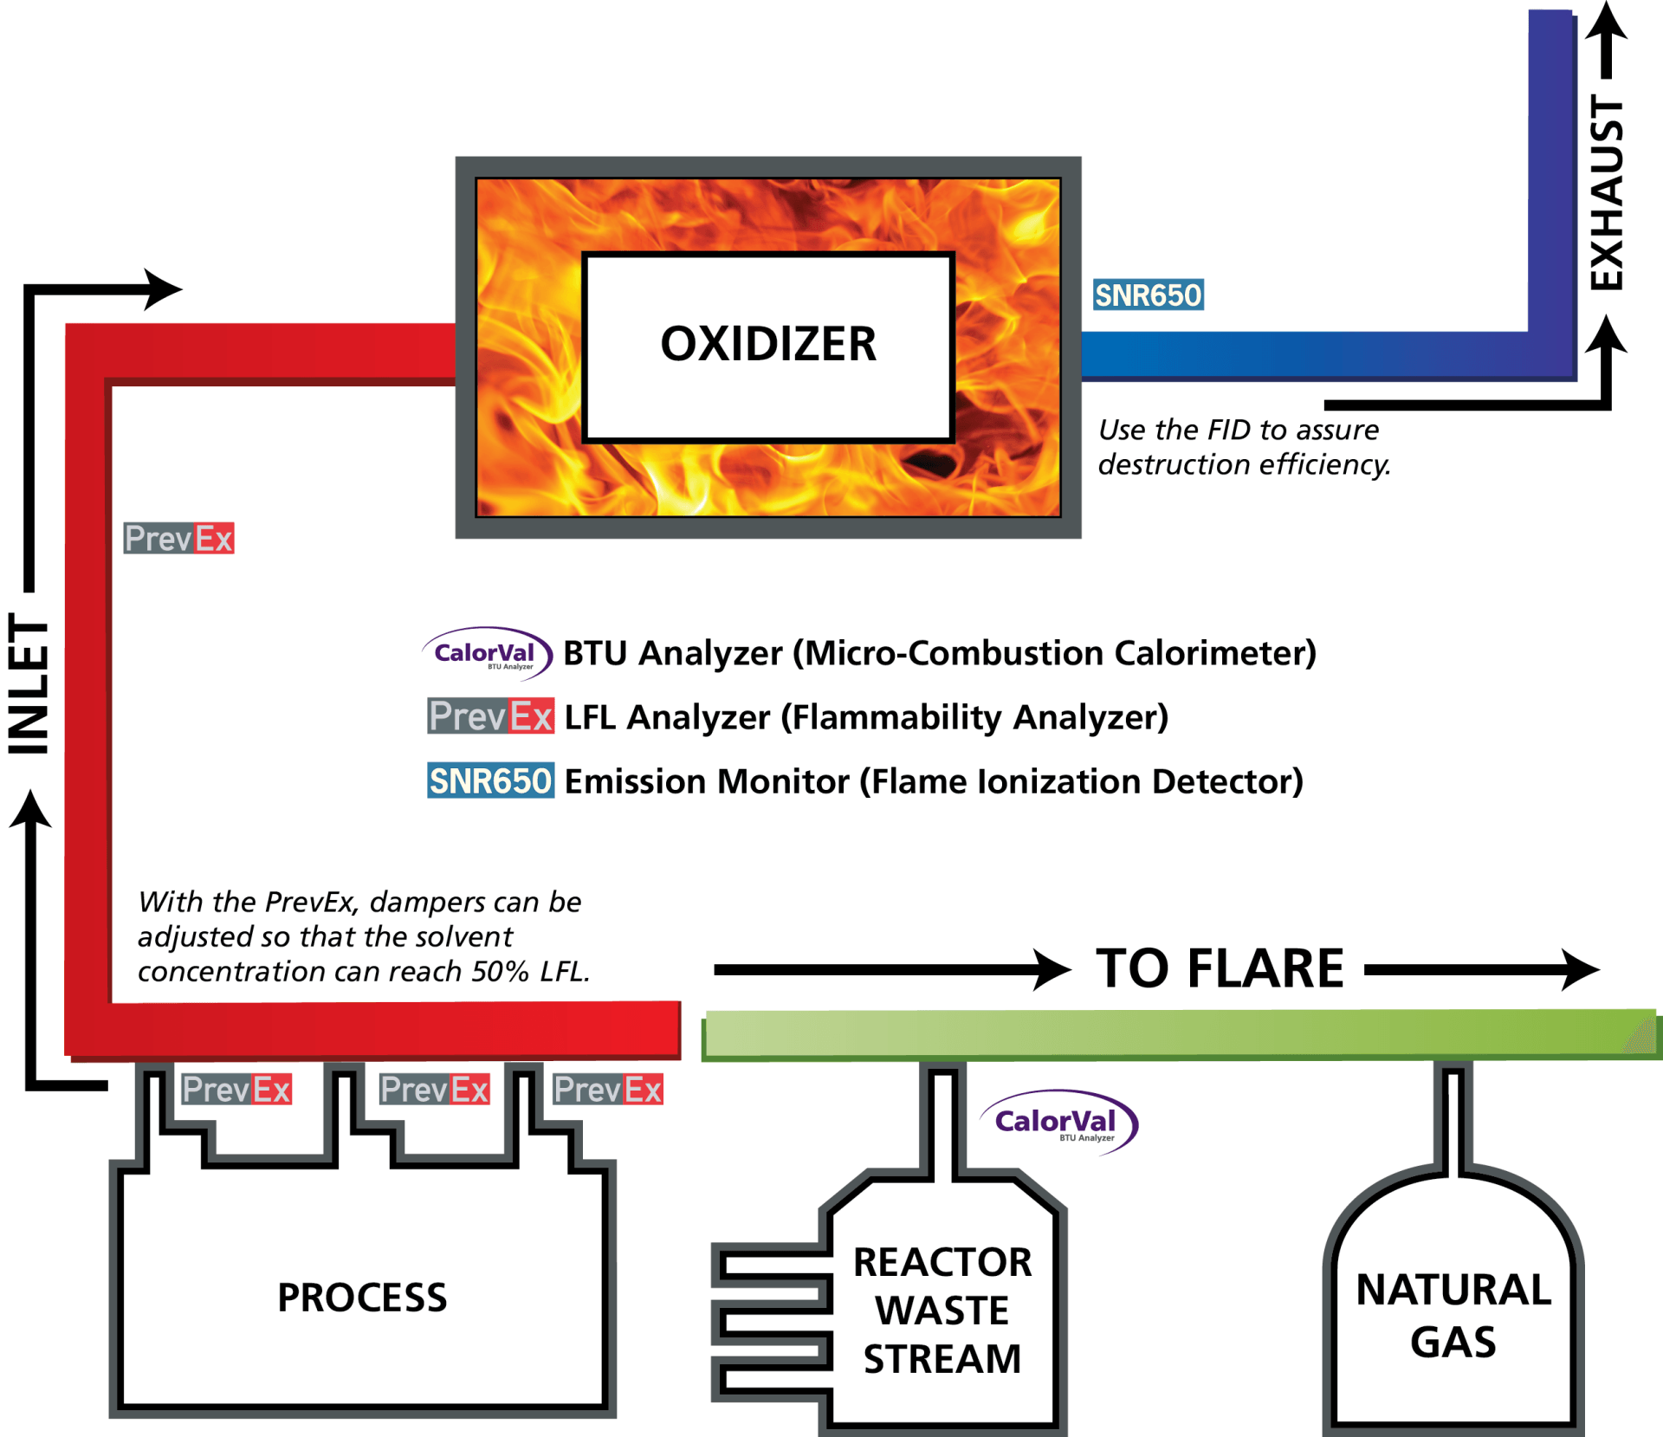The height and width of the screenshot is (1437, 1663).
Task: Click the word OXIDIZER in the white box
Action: pyautogui.click(x=768, y=344)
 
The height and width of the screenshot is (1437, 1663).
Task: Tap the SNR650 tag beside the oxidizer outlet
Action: pyautogui.click(x=1148, y=295)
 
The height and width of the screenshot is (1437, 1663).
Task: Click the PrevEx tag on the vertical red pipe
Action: pyautogui.click(x=178, y=539)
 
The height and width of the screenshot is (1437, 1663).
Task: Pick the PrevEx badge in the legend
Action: pyautogui.click(x=490, y=716)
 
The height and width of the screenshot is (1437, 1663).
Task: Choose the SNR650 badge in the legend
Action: pyautogui.click(x=490, y=780)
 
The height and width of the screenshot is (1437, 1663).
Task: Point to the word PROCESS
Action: pyautogui.click(x=362, y=1297)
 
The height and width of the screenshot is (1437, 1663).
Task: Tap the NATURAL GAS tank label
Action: pyautogui.click(x=1453, y=1315)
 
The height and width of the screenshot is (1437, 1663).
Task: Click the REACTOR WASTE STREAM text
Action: pyautogui.click(x=942, y=1310)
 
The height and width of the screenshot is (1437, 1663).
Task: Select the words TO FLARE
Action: pyautogui.click(x=1220, y=968)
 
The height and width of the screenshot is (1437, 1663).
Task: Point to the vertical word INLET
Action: pyautogui.click(x=29, y=684)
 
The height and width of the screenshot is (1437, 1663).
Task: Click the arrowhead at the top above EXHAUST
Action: pyautogui.click(x=1607, y=21)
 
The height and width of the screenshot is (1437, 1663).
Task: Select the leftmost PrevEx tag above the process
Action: pyautogui.click(x=236, y=1090)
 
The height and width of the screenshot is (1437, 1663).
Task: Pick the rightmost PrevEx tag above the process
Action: pyautogui.click(x=608, y=1090)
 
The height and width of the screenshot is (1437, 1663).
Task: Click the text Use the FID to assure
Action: pyautogui.click(x=1239, y=430)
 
